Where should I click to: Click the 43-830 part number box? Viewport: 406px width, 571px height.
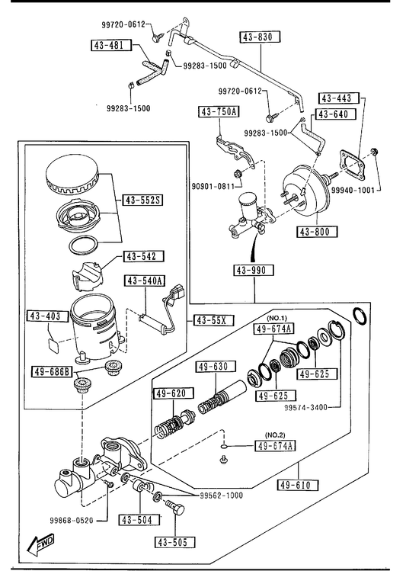tap(260, 37)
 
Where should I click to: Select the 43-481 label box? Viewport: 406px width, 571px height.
tap(111, 45)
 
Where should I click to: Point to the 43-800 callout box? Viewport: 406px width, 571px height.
tap(317, 232)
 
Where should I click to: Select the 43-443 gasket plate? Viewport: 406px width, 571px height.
tap(352, 164)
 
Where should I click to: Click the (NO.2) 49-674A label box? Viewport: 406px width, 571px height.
tap(275, 446)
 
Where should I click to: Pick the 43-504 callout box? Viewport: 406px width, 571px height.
tap(139, 520)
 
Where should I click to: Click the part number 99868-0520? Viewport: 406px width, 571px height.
tap(72, 521)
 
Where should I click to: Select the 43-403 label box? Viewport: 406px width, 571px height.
tap(48, 316)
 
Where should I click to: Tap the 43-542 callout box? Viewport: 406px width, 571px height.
tap(144, 256)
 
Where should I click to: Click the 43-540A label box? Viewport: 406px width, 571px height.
tap(145, 281)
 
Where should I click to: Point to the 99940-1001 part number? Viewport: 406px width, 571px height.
tap(353, 190)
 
